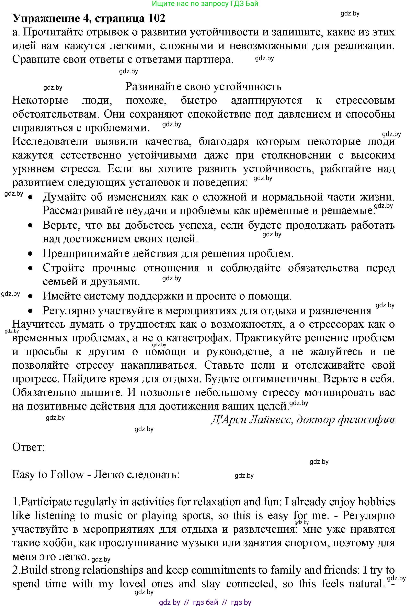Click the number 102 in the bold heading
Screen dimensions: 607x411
[x=156, y=18]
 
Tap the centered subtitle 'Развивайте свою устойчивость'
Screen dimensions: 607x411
[x=203, y=86]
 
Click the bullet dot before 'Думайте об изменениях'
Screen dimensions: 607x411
[x=31, y=197]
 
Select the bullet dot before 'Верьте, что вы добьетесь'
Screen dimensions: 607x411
[x=31, y=225]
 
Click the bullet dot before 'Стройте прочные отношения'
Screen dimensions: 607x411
[x=31, y=268]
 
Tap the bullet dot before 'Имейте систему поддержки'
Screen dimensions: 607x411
[x=31, y=296]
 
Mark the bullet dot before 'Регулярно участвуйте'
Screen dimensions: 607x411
[x=31, y=311]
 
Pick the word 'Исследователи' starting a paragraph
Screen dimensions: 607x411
[x=50, y=141]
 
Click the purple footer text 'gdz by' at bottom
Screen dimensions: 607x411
[x=169, y=602]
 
